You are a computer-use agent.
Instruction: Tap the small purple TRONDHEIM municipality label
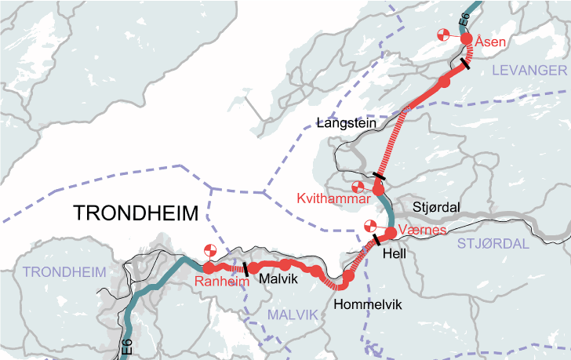[x=64, y=272]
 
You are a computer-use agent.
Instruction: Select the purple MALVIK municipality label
[x=293, y=314]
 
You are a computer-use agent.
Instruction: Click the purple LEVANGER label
[x=529, y=71]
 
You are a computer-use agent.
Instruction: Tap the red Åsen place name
[x=490, y=42]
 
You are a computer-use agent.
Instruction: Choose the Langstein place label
[x=347, y=122]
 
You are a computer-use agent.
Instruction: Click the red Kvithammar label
[x=333, y=199]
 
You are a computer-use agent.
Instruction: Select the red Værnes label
[x=423, y=230]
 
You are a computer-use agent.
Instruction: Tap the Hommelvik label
[x=367, y=304]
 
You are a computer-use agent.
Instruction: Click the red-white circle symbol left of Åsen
[x=444, y=35]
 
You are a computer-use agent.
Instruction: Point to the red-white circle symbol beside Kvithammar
[x=358, y=187]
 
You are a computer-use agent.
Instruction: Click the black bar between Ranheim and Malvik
[x=246, y=269]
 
